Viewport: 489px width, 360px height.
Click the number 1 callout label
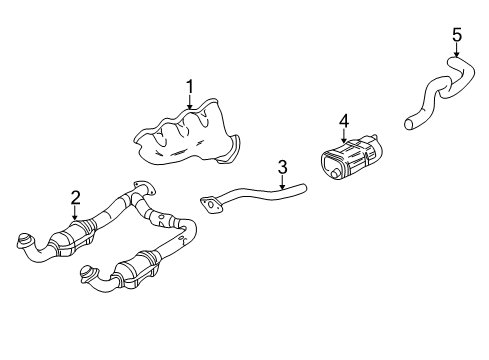click(x=187, y=88)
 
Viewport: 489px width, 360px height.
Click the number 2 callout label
click(x=75, y=198)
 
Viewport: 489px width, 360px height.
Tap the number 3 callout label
click(x=283, y=166)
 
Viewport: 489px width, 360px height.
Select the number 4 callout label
click(x=343, y=121)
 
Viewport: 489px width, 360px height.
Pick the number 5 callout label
click(x=456, y=36)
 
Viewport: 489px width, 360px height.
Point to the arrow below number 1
click(x=187, y=104)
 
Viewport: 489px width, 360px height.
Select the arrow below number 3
click(x=283, y=182)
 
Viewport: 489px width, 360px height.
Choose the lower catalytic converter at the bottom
click(x=138, y=270)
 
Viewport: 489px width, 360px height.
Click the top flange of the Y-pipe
click(x=143, y=188)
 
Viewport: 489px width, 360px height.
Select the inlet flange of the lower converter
click(x=88, y=274)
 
